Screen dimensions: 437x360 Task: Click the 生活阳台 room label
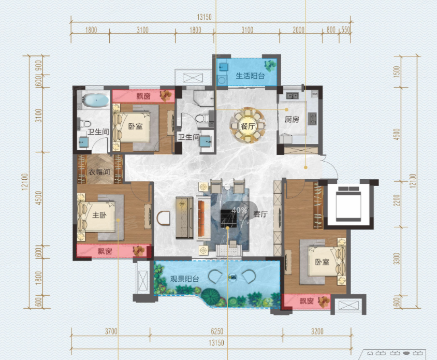(250, 76)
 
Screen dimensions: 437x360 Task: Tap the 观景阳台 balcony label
(184, 279)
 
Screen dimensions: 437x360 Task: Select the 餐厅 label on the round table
(247, 126)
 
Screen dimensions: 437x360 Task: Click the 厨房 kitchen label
(292, 120)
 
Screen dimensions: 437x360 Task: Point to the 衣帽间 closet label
(99, 172)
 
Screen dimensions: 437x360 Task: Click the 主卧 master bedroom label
(99, 215)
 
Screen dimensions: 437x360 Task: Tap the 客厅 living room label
(260, 214)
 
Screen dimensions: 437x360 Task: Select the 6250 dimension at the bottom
(217, 332)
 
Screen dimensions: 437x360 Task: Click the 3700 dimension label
(111, 332)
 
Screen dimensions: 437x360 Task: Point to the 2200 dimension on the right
(398, 200)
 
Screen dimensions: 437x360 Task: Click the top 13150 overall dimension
(205, 17)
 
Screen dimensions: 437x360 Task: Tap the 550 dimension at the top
(345, 30)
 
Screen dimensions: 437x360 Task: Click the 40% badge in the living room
(239, 210)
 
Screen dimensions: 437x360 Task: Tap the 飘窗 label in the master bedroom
(105, 251)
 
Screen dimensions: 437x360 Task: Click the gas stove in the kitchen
(312, 119)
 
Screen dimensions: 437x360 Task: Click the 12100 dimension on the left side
(25, 182)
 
